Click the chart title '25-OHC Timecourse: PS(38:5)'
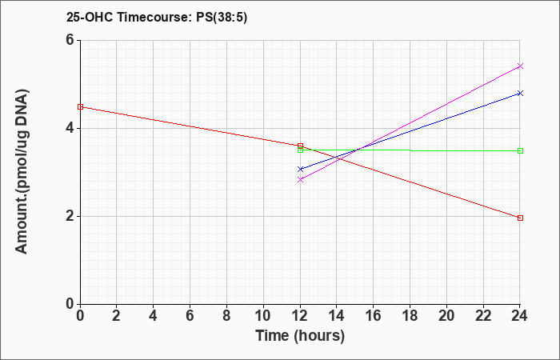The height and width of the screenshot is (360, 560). coord(157,17)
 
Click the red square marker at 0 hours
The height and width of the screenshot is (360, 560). coord(80,106)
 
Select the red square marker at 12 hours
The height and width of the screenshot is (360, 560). coord(300,146)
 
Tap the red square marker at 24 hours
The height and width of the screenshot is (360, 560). coord(520,218)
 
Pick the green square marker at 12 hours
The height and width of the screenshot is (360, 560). coord(300,150)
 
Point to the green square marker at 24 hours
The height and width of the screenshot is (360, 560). coord(520,150)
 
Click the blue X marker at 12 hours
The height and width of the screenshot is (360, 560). coord(300,170)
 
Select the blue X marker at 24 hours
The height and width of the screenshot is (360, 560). coord(520,94)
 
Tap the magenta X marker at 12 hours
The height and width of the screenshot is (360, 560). coord(300,180)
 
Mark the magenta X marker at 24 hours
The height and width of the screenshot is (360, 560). coord(520,66)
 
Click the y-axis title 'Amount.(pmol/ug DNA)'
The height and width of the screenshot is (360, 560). coord(22,171)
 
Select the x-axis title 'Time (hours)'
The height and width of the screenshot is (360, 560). coord(300,336)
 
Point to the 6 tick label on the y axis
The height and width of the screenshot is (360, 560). coord(70,40)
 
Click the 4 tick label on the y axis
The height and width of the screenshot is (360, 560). coord(70,128)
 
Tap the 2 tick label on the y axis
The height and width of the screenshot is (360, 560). coord(70,216)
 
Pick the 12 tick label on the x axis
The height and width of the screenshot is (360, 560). coord(300,316)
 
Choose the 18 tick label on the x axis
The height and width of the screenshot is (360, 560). coord(410,316)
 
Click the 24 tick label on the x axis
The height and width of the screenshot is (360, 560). coord(519,316)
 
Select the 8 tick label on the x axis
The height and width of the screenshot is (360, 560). coord(226,316)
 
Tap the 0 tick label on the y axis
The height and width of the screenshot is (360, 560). coord(70,304)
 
